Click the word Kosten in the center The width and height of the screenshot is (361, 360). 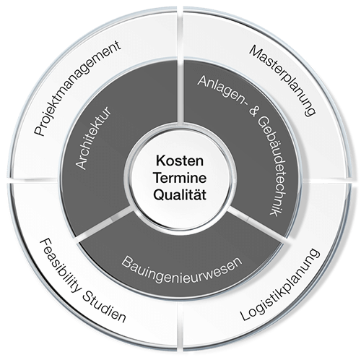pyautogui.click(x=180, y=161)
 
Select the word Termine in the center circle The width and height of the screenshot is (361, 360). pyautogui.click(x=180, y=178)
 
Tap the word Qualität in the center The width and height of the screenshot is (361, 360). pyautogui.click(x=180, y=194)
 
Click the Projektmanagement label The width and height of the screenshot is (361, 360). pyautogui.click(x=77, y=88)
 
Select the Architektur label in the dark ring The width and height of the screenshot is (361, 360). pyautogui.click(x=93, y=138)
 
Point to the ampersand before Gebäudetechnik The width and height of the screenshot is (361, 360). pyautogui.click(x=251, y=111)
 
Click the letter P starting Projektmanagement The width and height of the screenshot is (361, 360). pyautogui.click(x=39, y=131)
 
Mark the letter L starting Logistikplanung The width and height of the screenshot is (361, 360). pyautogui.click(x=245, y=315)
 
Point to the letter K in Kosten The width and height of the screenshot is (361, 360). pyautogui.click(x=160, y=161)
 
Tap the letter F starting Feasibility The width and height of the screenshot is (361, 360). pyautogui.click(x=45, y=244)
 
